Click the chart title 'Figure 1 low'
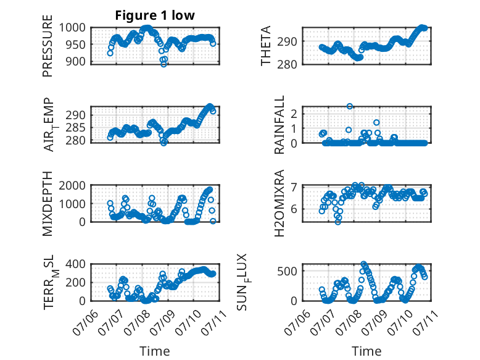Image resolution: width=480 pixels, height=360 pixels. coord(155,15)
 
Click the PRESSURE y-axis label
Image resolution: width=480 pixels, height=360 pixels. coord(48,46)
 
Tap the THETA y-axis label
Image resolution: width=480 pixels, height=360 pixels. coord(266,46)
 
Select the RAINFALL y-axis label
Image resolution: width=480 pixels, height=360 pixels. coord(279,125)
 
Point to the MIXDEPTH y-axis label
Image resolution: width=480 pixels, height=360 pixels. coord(48,203)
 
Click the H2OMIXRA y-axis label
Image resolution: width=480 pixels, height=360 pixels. coord(279,203)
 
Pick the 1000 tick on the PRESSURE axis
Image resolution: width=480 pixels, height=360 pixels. coord(72,28)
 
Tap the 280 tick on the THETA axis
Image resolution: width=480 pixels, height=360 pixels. coord(287,64)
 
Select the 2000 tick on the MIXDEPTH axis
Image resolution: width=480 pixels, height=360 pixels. coord(72,185)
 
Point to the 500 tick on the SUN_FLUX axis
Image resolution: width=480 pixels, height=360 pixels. coord(287,271)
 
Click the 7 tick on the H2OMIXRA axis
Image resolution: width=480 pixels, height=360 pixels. coord(294,186)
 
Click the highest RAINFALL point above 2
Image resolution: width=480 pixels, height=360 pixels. coord(350,106)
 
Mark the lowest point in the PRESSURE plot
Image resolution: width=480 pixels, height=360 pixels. coord(163,64)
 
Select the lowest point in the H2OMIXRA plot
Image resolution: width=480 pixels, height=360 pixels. coord(338,222)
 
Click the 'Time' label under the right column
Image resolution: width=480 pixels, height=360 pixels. coord(366,351)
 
